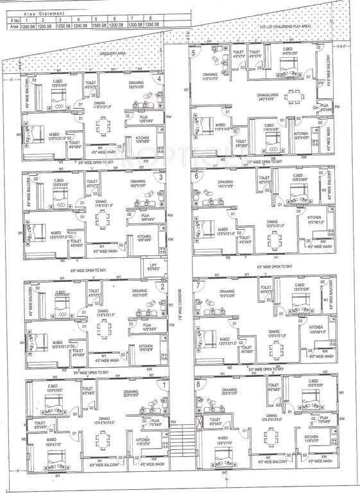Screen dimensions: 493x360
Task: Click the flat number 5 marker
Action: pos(193,52)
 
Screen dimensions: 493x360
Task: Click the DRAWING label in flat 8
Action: pos(229,390)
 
